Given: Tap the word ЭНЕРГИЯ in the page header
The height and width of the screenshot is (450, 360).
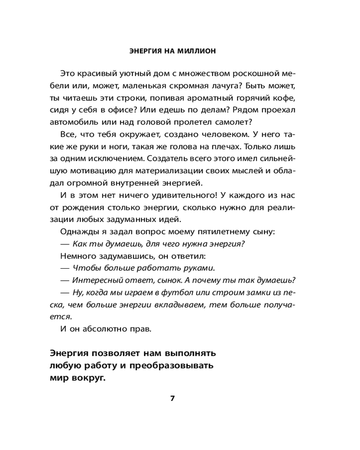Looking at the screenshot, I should pos(142,51).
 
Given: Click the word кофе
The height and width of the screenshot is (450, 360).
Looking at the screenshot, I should pos(286,98).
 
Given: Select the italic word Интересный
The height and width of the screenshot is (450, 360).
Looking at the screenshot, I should pos(94,280).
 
